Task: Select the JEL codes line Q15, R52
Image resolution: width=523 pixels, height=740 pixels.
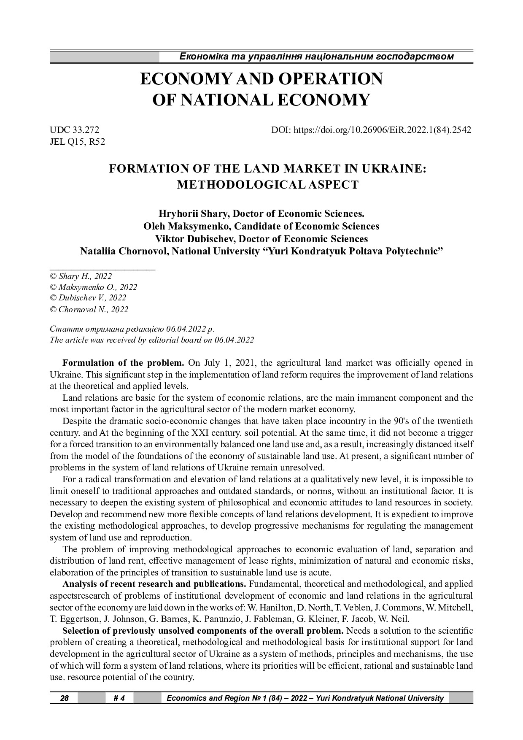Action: [77, 142]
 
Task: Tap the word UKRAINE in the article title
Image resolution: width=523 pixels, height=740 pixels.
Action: [394, 169]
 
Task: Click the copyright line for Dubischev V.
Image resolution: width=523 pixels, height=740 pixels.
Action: [88, 298]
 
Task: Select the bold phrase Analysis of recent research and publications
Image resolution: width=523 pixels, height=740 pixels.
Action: [154, 584]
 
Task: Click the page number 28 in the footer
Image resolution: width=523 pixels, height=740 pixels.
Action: [65, 698]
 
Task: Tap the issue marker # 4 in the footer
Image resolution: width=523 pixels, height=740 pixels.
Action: [119, 698]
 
